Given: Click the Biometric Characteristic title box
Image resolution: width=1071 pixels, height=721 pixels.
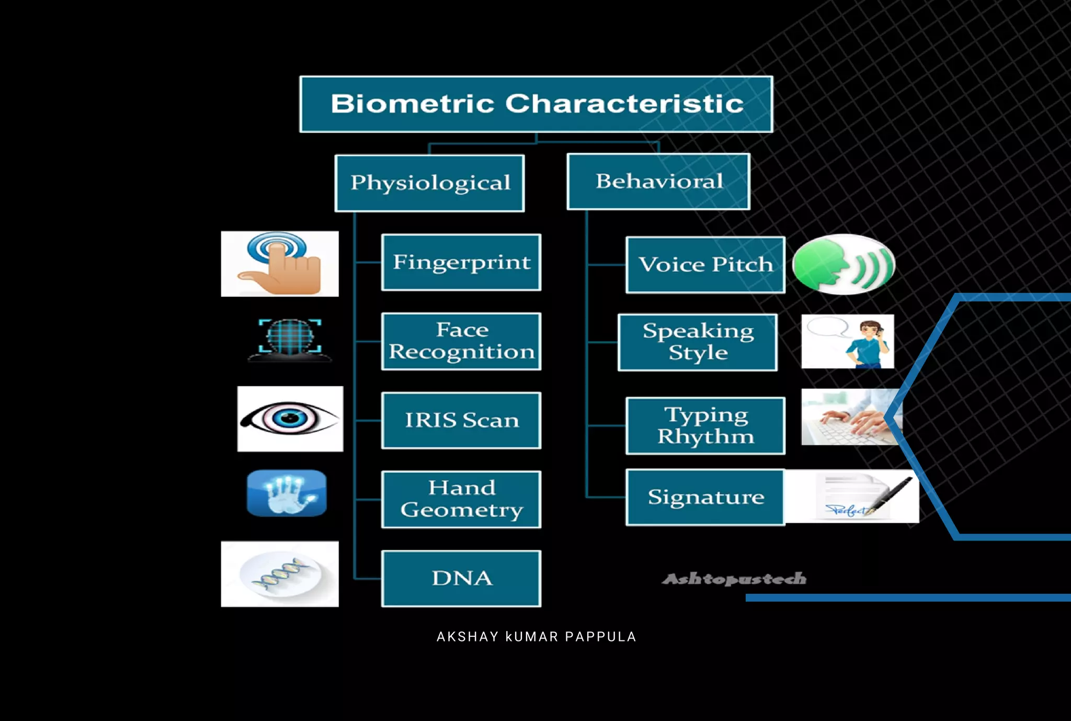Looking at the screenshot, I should coord(536,104).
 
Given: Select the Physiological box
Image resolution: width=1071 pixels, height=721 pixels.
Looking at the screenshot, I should coord(429,183).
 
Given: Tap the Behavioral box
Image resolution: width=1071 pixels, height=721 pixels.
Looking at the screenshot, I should coord(658,182).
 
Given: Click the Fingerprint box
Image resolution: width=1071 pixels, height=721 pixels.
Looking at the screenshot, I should coord(461,262).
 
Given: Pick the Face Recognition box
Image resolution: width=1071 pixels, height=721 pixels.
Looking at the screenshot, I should coord(461,341).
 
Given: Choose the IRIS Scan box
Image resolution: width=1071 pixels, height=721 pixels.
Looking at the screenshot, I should coord(461,420).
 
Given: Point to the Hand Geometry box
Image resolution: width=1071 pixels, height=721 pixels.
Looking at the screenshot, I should coord(461,499).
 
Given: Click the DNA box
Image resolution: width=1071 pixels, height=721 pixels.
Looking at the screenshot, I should coord(461,578).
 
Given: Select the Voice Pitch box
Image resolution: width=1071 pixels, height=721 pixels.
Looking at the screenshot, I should coord(705,265).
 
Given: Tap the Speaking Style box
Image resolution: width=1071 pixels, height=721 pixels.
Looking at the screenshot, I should coord(698,342).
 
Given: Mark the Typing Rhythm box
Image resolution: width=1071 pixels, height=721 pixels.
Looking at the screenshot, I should coord(705,425).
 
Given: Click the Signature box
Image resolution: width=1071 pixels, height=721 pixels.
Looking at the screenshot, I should coord(705,497).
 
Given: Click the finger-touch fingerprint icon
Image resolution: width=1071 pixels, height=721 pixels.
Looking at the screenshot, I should coord(280,264).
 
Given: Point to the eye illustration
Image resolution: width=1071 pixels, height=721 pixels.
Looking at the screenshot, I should coord(290,419).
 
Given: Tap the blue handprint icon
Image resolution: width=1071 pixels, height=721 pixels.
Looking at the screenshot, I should coord(287,493).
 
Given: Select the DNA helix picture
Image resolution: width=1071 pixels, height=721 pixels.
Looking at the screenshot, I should coord(280,574).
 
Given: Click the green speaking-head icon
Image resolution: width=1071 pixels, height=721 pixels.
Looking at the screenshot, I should coord(844,264).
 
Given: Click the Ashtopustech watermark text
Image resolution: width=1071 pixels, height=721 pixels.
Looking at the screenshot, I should coord(734,579).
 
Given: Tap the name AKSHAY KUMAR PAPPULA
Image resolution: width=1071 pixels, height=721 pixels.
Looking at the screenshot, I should coord(536,637).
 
